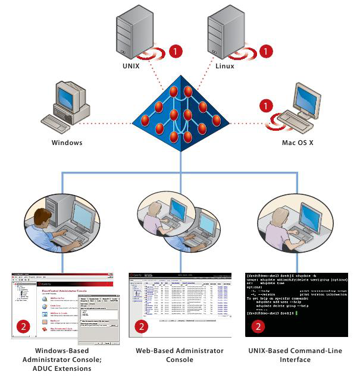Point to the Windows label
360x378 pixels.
pos(67,143)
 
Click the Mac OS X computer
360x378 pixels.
pos(303,107)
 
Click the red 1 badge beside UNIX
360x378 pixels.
pos(175,51)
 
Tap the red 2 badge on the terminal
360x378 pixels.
pos(258,326)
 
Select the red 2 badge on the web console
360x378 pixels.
pos(141,326)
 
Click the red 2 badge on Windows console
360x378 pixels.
pos(23,326)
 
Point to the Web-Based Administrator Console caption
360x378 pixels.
pos(180,355)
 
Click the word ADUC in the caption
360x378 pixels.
pos(35,368)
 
